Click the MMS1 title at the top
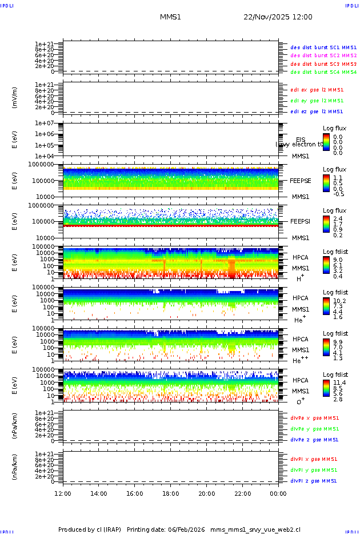[170, 17]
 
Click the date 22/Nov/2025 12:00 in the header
[278, 17]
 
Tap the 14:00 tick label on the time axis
[99, 493]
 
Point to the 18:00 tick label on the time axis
[171, 493]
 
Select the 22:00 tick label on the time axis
[243, 493]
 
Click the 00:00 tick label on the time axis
[278, 493]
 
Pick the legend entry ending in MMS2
[323, 55]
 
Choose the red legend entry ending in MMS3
[323, 64]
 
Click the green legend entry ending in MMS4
[323, 73]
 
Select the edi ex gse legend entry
[317, 90]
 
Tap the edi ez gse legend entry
[317, 111]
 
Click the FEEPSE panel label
[301, 180]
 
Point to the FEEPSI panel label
[301, 221]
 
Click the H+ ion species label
[299, 278]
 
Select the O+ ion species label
[301, 401]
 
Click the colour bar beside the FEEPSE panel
[326, 183]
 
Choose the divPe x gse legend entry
[315, 418]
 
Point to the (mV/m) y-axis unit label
[15, 97]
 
